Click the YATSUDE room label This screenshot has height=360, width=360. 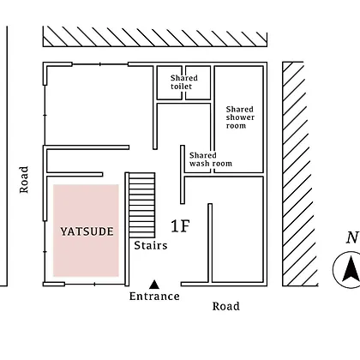pos(87,231)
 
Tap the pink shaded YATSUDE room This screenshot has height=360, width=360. pos(86,231)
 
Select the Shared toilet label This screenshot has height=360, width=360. pos(184,82)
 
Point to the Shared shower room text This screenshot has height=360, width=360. pos(240,117)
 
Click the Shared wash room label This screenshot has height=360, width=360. pos(211,159)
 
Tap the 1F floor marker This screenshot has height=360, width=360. pos(180,226)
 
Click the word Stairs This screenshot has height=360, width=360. pos(151,245)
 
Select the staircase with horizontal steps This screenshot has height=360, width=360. pos(142,205)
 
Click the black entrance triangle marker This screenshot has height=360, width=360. pos(154,285)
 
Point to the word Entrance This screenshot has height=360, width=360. pos(154,296)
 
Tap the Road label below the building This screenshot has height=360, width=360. pos(226,306)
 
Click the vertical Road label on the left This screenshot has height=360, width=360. pos(24,179)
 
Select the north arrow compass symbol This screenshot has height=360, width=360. pos(346,269)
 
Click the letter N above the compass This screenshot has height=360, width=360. pos(352,237)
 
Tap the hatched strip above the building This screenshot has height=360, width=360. pos(155,36)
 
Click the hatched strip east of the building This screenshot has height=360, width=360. pos(300,174)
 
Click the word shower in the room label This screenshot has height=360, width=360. pos(240,117)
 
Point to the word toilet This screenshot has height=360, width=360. pos(181,87)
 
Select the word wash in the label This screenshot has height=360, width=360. pos(198,164)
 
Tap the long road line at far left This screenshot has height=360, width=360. pos(7,156)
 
